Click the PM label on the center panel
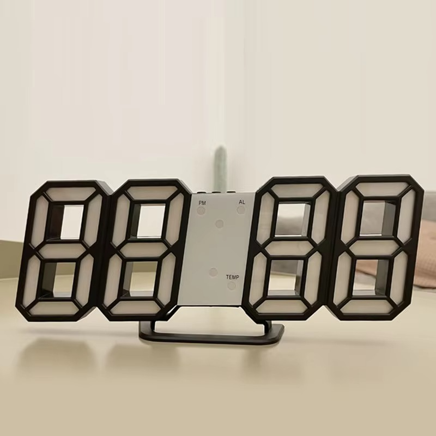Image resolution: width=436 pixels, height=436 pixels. [x=202, y=202]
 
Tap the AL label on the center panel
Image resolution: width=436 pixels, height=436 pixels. [x=241, y=202]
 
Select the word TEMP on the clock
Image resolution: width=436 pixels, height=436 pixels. [x=233, y=277]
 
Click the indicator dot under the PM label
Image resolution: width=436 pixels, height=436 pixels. [x=202, y=210]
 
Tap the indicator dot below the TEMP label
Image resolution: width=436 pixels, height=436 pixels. [x=233, y=285]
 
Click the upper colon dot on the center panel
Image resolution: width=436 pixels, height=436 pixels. [x=220, y=223]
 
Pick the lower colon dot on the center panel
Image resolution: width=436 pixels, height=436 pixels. [x=213, y=271]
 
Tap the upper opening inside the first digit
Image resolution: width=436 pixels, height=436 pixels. [x=71, y=221]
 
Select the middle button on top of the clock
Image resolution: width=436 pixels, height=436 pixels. [x=216, y=192]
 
